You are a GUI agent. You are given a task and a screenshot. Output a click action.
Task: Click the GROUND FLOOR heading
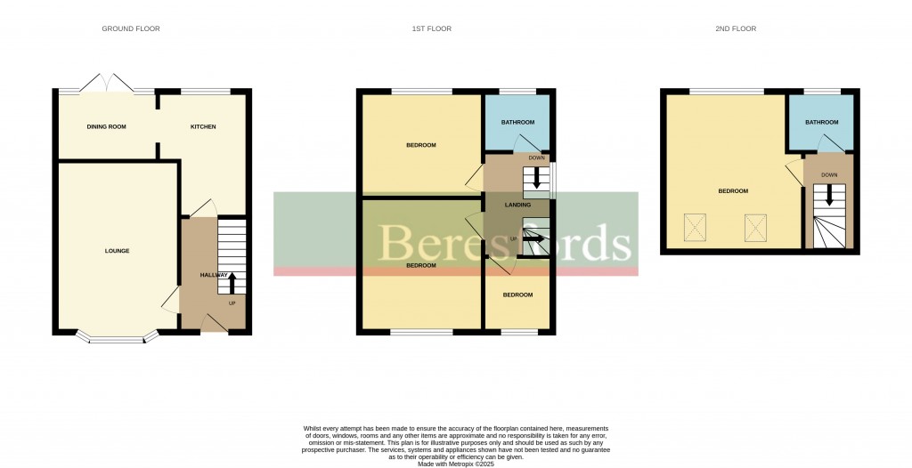click(x=130, y=29)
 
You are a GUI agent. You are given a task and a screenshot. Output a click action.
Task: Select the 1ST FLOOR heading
click(x=431, y=29)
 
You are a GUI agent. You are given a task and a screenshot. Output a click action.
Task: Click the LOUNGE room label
click(x=117, y=251)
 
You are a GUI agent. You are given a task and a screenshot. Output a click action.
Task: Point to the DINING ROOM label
click(x=106, y=127)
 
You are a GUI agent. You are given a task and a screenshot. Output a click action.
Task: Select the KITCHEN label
click(x=203, y=127)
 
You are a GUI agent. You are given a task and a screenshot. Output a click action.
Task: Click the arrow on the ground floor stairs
click(x=232, y=282)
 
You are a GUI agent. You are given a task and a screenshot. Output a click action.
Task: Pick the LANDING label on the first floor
click(x=517, y=206)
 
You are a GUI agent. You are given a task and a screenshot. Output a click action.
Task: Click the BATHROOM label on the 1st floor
click(x=517, y=122)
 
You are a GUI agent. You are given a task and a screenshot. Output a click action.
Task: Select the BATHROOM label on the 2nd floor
click(x=821, y=122)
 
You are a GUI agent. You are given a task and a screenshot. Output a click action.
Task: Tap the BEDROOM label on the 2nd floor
click(x=733, y=191)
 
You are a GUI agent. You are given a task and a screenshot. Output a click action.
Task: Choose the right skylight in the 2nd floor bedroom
click(x=755, y=229)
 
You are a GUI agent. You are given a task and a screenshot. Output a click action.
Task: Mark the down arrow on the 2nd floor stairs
click(x=832, y=197)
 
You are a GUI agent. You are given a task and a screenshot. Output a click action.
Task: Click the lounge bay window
click(x=117, y=338)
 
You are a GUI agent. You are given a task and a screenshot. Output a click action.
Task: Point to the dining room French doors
click(x=108, y=85)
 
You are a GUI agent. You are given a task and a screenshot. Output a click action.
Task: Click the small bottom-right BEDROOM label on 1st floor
click(x=517, y=295)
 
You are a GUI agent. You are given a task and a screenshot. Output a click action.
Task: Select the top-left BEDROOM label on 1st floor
click(x=421, y=145)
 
